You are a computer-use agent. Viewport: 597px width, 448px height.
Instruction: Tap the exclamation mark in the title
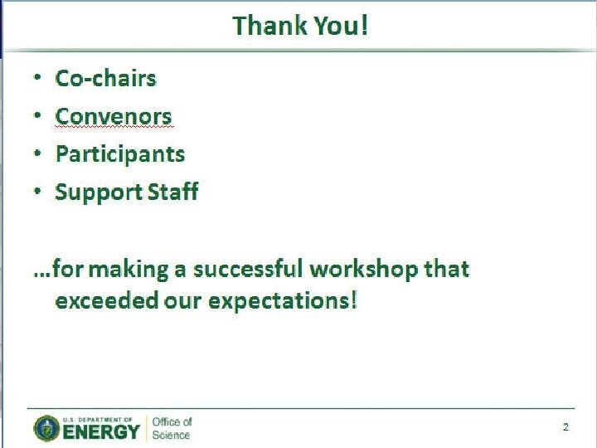(x=364, y=26)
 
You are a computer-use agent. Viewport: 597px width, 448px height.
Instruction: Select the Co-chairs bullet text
(x=105, y=78)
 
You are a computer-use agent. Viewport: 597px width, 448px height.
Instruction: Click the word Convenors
(x=114, y=116)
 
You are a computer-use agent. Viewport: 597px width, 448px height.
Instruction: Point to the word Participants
(x=120, y=154)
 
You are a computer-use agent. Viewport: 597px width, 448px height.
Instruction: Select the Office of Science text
(x=171, y=428)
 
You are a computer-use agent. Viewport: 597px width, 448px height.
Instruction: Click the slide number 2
(x=565, y=427)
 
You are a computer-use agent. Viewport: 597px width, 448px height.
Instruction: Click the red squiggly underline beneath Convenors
(x=114, y=129)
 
